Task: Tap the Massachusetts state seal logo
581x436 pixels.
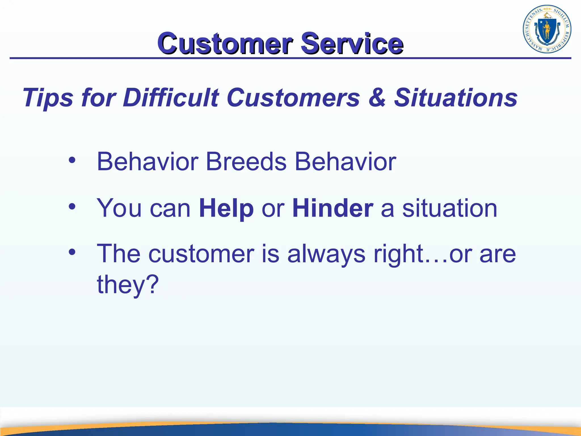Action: pos(547,29)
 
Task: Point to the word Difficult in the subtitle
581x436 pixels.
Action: pos(171,98)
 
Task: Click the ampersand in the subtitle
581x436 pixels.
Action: pos(377,98)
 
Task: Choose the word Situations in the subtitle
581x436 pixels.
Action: pos(456,98)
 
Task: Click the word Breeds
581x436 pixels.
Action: pos(246,162)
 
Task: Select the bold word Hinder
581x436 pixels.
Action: pos(332,208)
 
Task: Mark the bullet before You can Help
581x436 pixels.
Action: pos(72,207)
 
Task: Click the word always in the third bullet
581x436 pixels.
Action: pos(326,254)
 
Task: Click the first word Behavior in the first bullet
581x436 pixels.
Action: pos(147,162)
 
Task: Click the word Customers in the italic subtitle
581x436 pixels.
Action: pos(293,98)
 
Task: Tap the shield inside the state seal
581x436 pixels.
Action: pos(546,30)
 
